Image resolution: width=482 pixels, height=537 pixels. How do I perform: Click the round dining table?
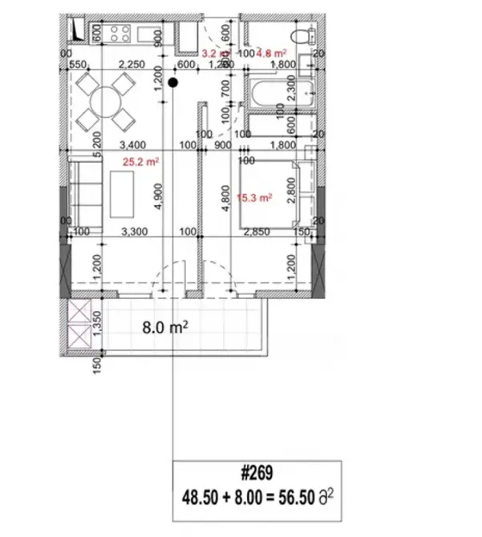(105, 102)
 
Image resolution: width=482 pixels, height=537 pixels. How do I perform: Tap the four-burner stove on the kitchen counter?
(119, 34)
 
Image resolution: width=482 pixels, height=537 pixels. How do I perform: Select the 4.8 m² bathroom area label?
(271, 54)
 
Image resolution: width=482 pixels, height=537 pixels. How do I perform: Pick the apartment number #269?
(257, 475)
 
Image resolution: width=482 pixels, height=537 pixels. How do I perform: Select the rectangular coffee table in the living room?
(122, 196)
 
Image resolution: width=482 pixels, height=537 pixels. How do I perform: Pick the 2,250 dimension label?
(131, 65)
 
